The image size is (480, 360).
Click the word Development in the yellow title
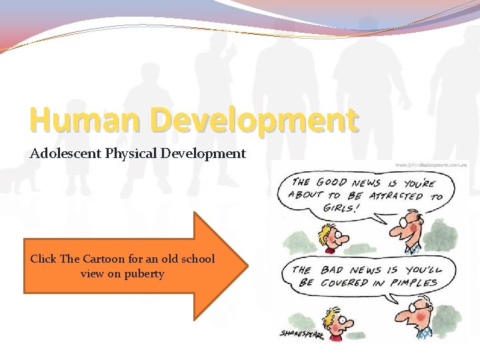click(253, 121)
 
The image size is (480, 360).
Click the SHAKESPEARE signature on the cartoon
click(299, 333)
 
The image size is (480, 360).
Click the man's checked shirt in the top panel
click(416, 249)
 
